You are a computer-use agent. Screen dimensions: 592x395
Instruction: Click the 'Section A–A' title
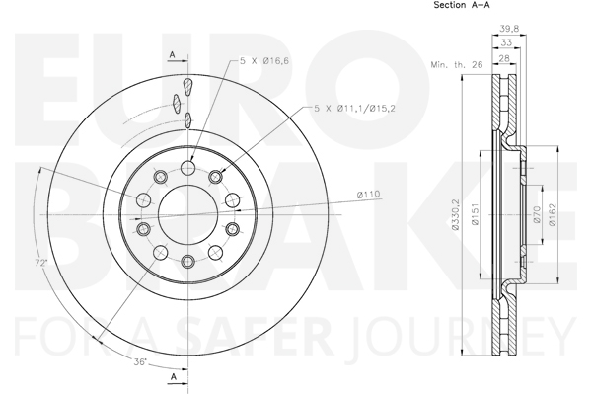tap(462, 5)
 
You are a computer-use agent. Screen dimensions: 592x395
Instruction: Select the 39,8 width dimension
tap(509, 29)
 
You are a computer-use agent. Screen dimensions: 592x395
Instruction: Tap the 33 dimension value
tap(506, 42)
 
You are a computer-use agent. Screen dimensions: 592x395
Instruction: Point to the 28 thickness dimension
tap(504, 58)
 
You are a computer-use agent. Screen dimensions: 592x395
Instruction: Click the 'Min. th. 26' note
tap(457, 64)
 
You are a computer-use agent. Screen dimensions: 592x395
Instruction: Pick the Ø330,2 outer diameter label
tap(455, 214)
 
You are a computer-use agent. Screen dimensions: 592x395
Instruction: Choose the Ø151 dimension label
tap(475, 214)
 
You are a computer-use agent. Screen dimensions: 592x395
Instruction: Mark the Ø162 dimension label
tap(553, 214)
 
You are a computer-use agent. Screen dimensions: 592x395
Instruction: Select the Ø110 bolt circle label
tap(368, 195)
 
